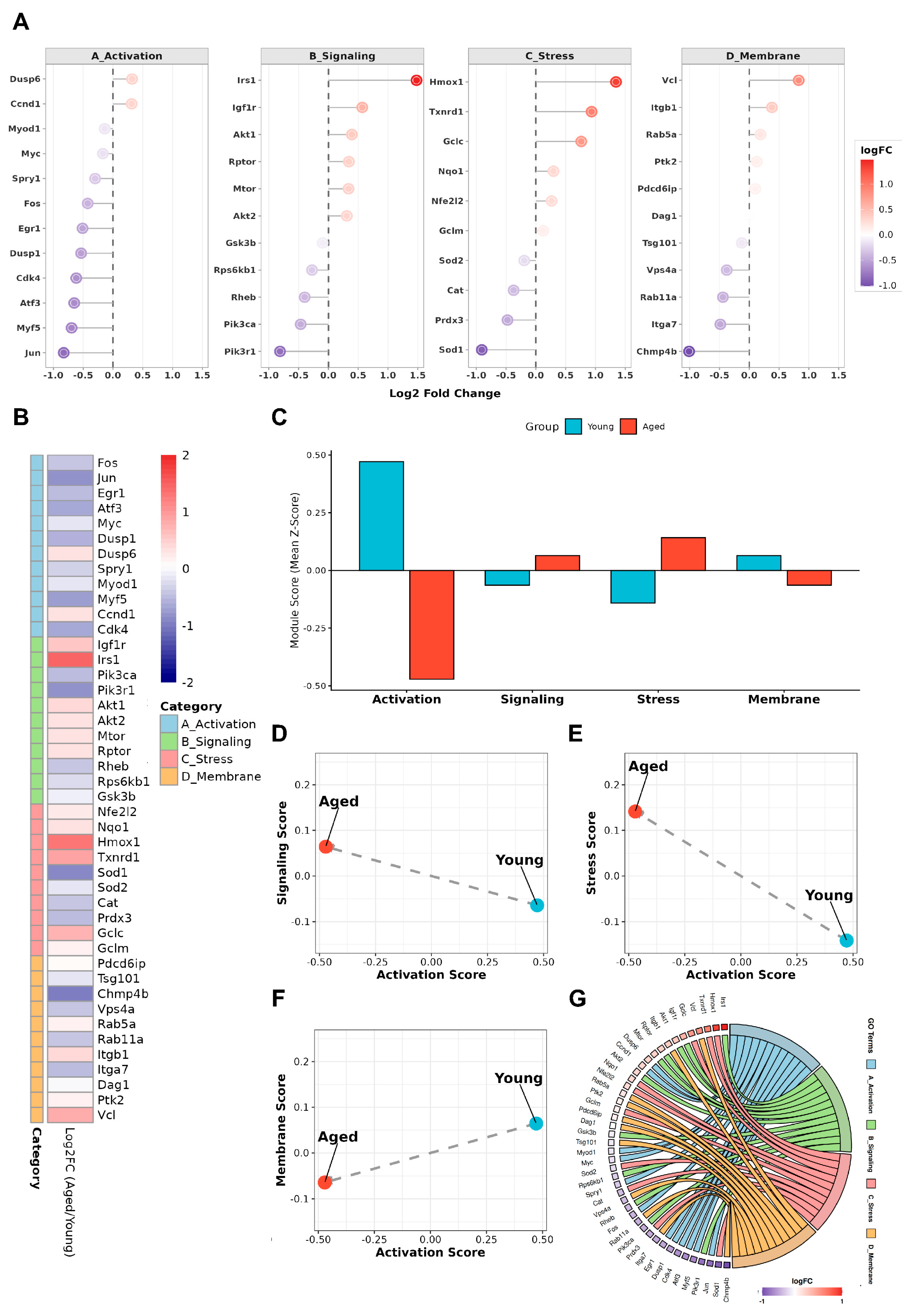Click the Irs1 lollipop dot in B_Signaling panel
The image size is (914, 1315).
click(416, 80)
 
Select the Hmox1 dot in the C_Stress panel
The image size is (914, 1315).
click(616, 82)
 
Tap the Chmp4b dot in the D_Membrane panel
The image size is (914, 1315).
click(689, 351)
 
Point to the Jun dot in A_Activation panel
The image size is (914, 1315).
click(64, 352)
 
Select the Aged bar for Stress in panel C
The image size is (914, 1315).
click(683, 554)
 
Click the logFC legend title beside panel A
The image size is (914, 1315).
click(876, 150)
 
